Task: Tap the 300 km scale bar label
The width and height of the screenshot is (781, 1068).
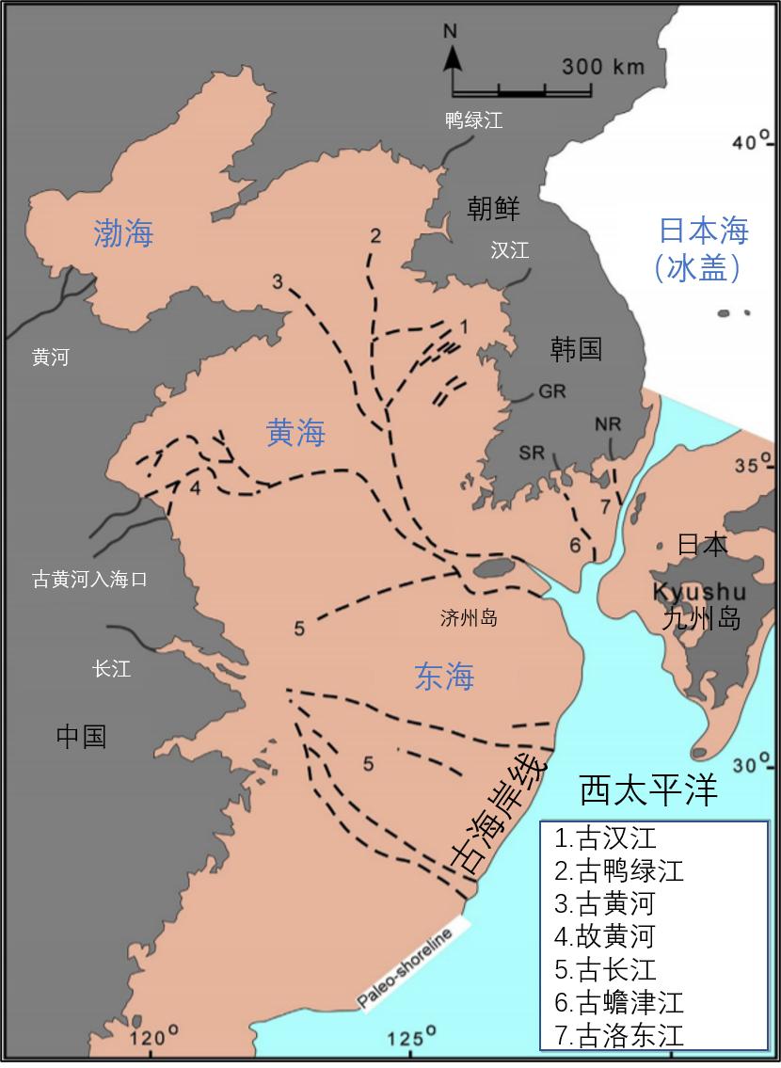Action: [603, 67]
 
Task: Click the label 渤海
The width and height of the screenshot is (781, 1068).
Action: [123, 233]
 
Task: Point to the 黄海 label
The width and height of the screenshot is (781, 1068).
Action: [295, 433]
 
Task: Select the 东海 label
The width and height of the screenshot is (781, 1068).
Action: [444, 677]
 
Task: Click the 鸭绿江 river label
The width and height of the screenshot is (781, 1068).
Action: [474, 120]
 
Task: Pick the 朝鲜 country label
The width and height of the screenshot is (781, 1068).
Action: [493, 208]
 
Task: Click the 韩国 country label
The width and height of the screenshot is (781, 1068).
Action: [576, 349]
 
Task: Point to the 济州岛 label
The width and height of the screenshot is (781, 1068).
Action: [468, 618]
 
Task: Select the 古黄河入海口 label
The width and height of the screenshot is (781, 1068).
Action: [89, 579]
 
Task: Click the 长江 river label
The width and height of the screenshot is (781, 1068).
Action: [111, 669]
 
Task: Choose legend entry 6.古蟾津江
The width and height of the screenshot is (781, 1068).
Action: [619, 1002]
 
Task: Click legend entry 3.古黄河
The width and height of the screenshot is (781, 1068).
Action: [604, 904]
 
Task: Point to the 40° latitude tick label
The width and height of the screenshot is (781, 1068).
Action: [750, 142]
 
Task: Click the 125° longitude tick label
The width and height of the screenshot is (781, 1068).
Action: [411, 1039]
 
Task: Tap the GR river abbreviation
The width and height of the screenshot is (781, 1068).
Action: [552, 391]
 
